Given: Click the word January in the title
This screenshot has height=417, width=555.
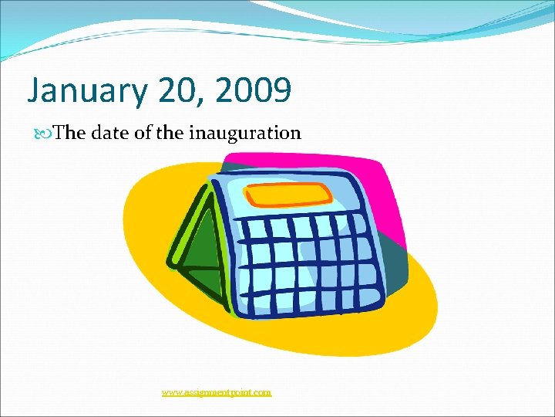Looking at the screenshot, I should click(85, 91).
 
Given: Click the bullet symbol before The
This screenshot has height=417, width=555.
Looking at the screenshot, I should click(46, 134).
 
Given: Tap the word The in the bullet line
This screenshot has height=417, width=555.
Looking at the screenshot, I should click(70, 133).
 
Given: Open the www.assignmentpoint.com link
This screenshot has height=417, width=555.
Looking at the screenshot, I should click(217, 392).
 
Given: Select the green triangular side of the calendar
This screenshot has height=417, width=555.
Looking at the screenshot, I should click(197, 251).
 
